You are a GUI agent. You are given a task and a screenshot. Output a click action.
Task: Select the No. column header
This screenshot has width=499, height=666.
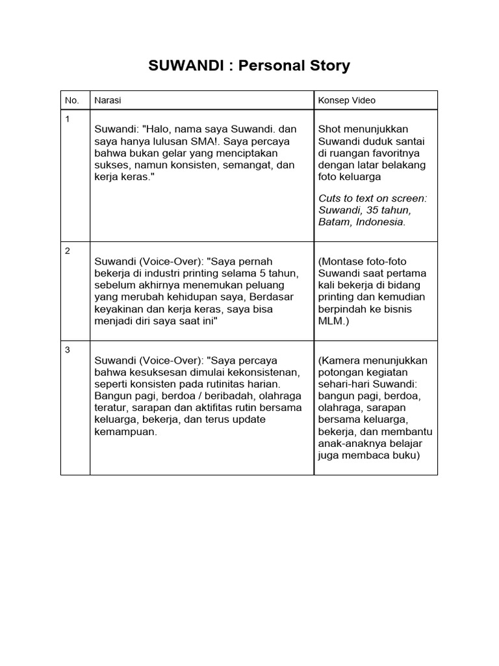tap(71, 101)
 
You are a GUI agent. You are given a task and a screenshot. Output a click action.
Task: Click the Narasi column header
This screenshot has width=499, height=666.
tap(107, 101)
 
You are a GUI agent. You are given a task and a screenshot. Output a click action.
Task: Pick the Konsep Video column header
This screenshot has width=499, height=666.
tap(347, 101)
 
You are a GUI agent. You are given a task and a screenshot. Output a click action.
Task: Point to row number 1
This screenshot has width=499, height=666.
tap(67, 118)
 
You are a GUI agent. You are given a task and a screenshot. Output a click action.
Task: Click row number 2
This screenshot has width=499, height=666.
tap(68, 250)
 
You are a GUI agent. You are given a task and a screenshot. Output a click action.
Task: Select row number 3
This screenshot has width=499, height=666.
tap(68, 350)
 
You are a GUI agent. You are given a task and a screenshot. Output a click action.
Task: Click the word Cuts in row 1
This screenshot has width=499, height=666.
tap(331, 198)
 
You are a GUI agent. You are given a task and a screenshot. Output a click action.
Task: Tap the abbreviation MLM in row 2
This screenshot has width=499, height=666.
tap(330, 321)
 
